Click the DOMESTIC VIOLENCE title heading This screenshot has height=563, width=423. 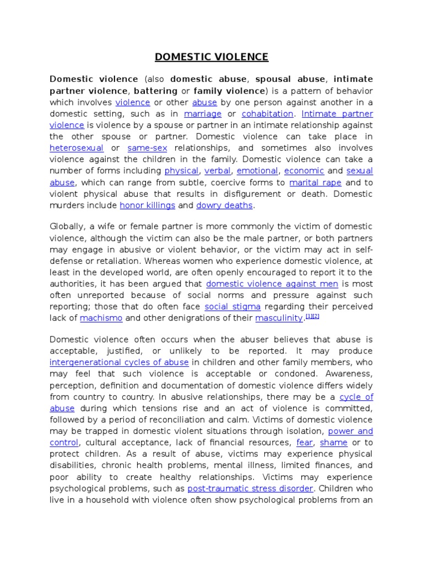tap(211, 57)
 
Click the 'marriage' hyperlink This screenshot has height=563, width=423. tap(202, 114)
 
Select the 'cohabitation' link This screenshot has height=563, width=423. tap(267, 114)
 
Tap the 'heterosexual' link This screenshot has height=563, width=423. tap(77, 148)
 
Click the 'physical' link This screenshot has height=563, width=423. tap(181, 171)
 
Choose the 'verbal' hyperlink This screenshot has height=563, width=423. tap(218, 171)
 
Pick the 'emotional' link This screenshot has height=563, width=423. tap(257, 171)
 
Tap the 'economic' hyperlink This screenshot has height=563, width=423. tap(304, 171)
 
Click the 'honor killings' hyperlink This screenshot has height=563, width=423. tap(147, 206)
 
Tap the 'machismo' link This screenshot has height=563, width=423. tap(101, 318)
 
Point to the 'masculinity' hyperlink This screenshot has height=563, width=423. tap(279, 318)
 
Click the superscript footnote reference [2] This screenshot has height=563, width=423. tap(316, 316)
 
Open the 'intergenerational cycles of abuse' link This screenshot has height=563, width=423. tap(119, 362)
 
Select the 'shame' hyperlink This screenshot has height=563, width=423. tap(333, 443)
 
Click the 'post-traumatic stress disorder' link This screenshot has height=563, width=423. tap(251, 488)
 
